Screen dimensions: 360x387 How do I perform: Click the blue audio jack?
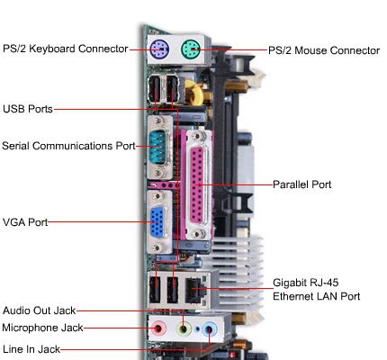coord(210,329)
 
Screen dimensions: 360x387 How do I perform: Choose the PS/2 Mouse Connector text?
coord(324,50)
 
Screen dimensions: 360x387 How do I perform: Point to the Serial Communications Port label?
coord(68,145)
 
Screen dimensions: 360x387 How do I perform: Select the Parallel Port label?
coord(302,184)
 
